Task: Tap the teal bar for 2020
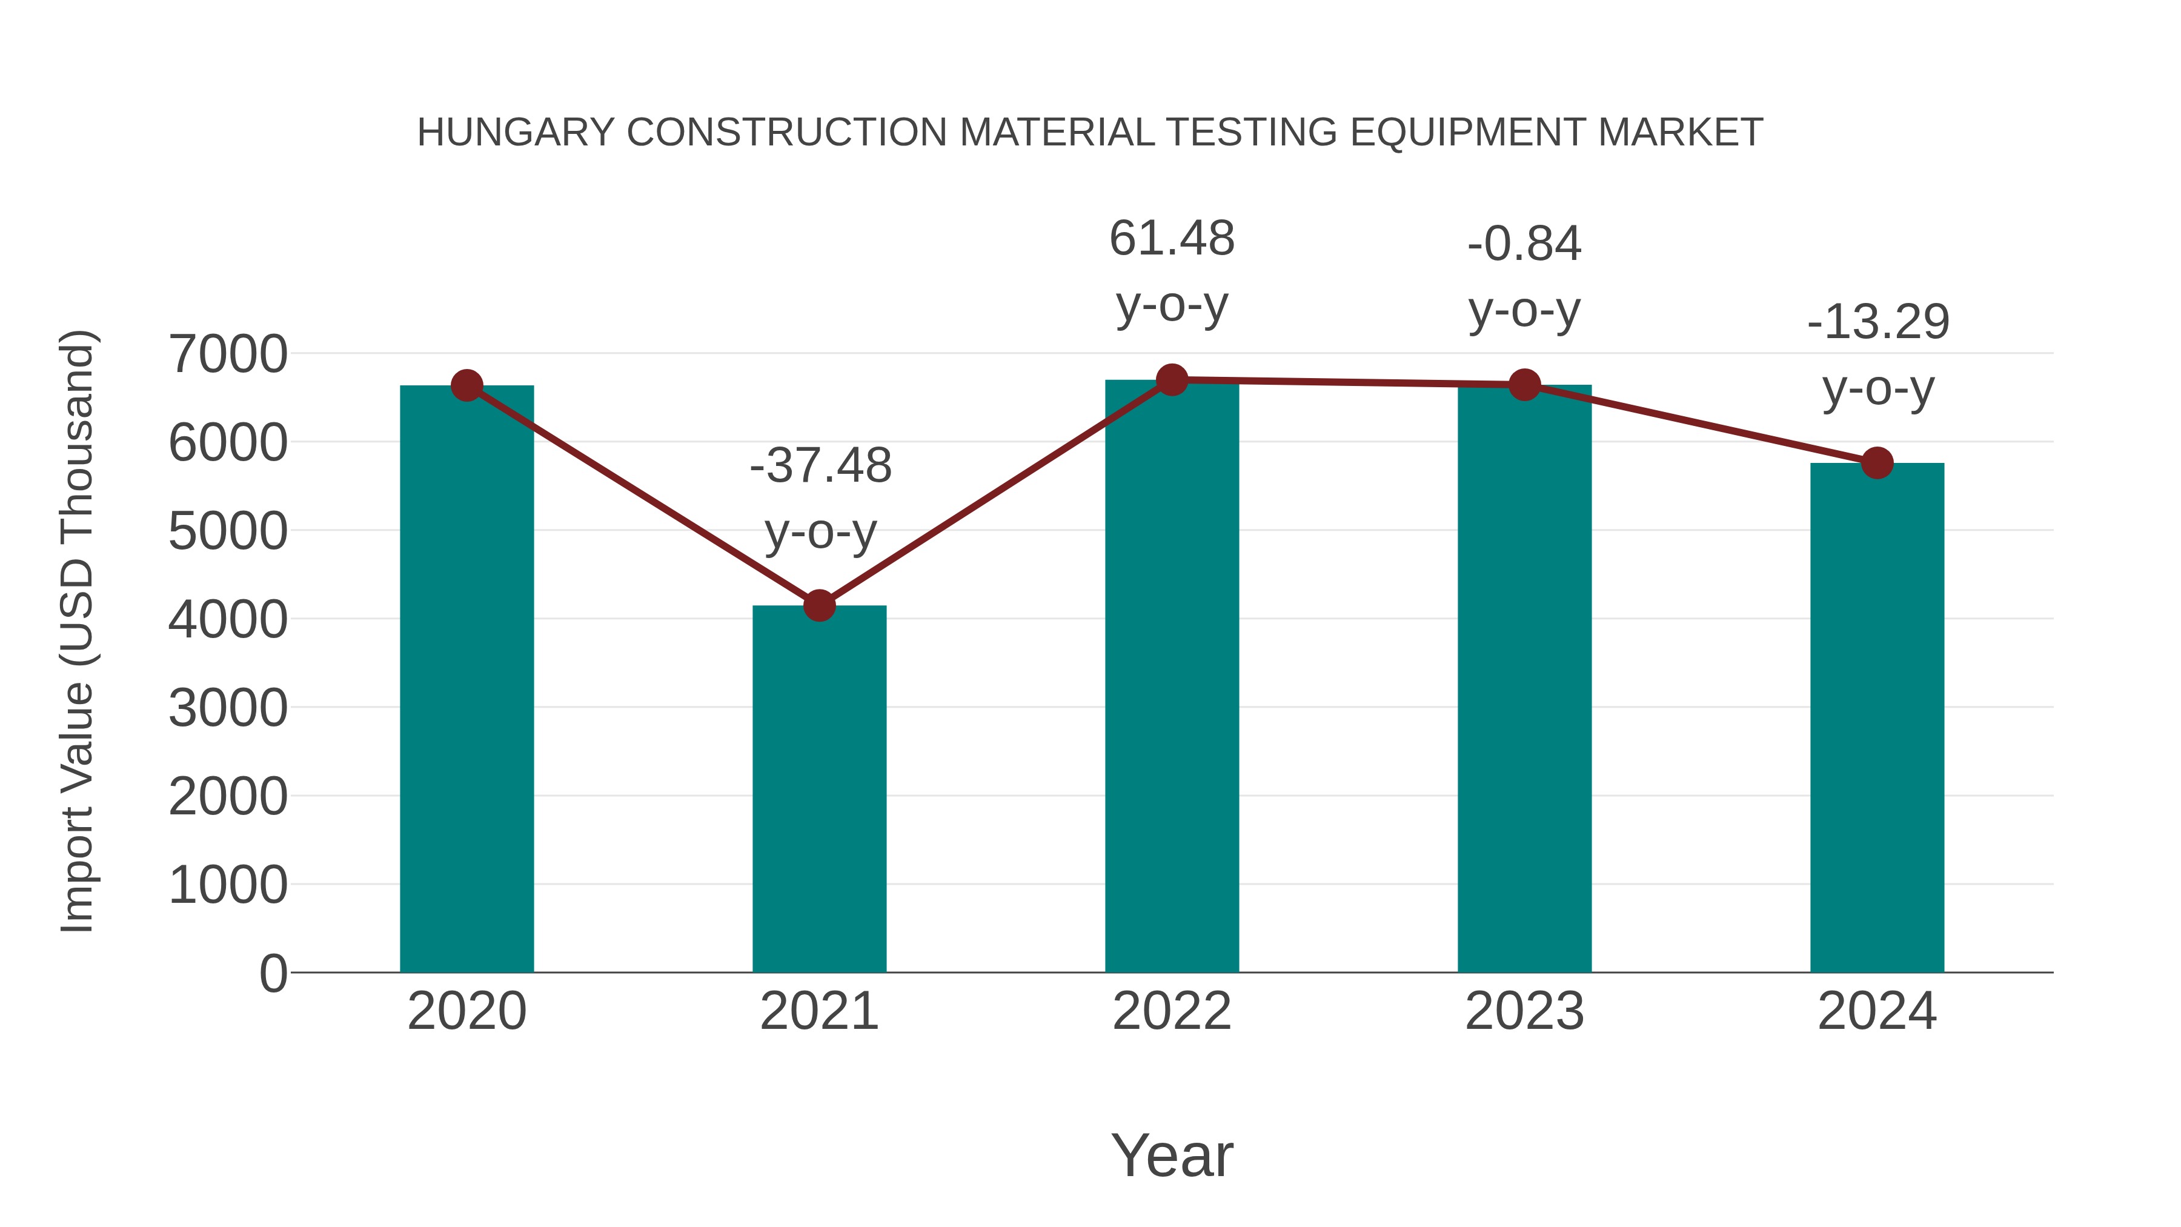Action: (466, 678)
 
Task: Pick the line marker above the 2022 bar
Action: (1172, 380)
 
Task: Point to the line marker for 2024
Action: (1876, 463)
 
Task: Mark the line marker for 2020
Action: (466, 385)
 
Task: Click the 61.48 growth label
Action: (1172, 239)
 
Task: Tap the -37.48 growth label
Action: (820, 466)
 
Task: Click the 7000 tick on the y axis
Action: (228, 354)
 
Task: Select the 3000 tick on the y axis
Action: (228, 708)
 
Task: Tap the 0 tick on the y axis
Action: (273, 973)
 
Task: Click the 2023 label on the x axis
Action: (1524, 1011)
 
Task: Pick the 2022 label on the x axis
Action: (1172, 1011)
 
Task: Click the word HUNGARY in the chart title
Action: (516, 133)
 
